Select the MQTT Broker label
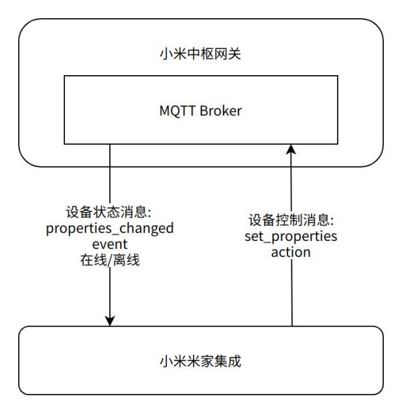click(x=200, y=110)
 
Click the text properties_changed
click(x=109, y=228)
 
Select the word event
click(x=109, y=244)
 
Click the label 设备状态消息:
click(x=109, y=212)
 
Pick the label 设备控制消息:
click(x=291, y=220)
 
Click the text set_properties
click(x=291, y=236)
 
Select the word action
click(x=291, y=252)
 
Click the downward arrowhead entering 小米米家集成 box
click(x=109, y=321)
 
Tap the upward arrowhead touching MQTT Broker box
click(x=291, y=150)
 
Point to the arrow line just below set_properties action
click(x=291, y=289)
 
